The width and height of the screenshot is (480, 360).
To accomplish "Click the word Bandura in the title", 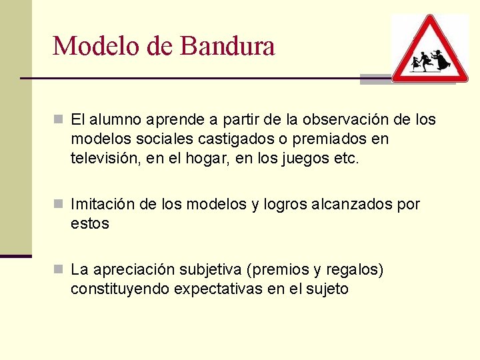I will (227, 46).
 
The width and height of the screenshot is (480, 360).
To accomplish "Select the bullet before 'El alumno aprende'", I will (59, 120).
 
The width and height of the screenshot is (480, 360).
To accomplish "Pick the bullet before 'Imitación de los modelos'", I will (59, 204).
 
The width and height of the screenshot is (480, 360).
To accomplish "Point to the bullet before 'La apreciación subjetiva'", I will (59, 269).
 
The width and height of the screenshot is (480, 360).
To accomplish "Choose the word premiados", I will (323, 139).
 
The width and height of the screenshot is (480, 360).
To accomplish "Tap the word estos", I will (89, 223).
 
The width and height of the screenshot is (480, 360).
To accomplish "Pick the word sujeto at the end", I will (326, 289).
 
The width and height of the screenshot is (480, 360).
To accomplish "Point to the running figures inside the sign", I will (431, 61).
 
